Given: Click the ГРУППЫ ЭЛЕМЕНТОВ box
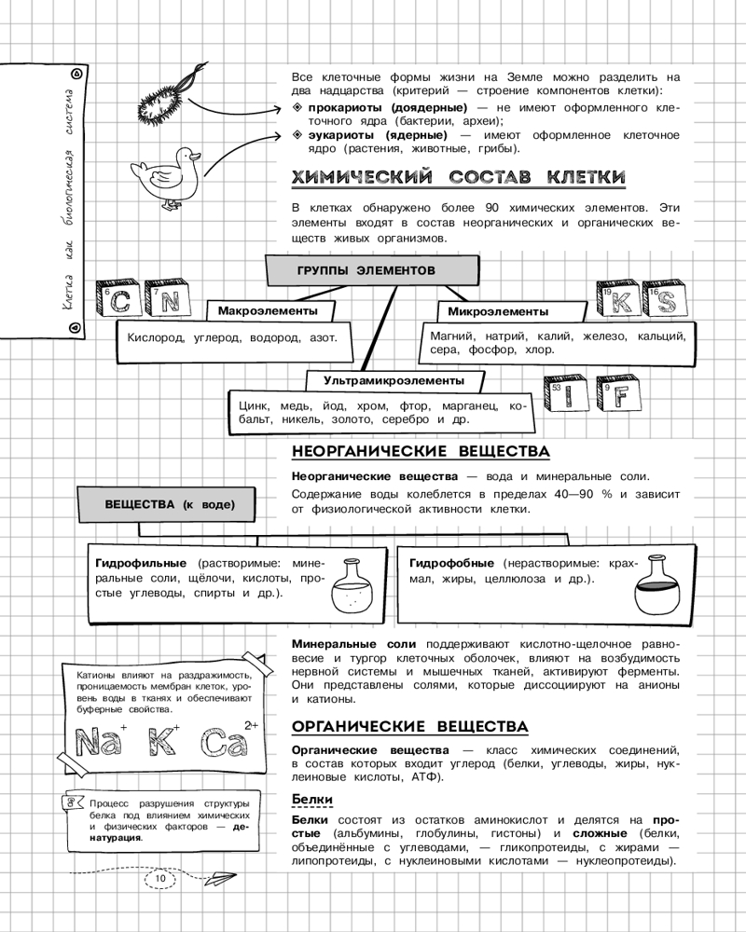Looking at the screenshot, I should pyautogui.click(x=366, y=269).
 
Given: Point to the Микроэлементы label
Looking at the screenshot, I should pyautogui.click(x=498, y=311).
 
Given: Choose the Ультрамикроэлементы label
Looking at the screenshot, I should pyautogui.click(x=394, y=380).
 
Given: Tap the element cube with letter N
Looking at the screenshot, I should pyautogui.click(x=168, y=298).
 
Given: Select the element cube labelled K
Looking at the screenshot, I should pyautogui.click(x=619, y=301).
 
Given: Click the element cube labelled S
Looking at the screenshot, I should pyautogui.click(x=664, y=299).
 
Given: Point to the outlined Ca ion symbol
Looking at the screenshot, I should pyautogui.click(x=225, y=743).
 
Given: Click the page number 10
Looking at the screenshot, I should pyautogui.click(x=159, y=878).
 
